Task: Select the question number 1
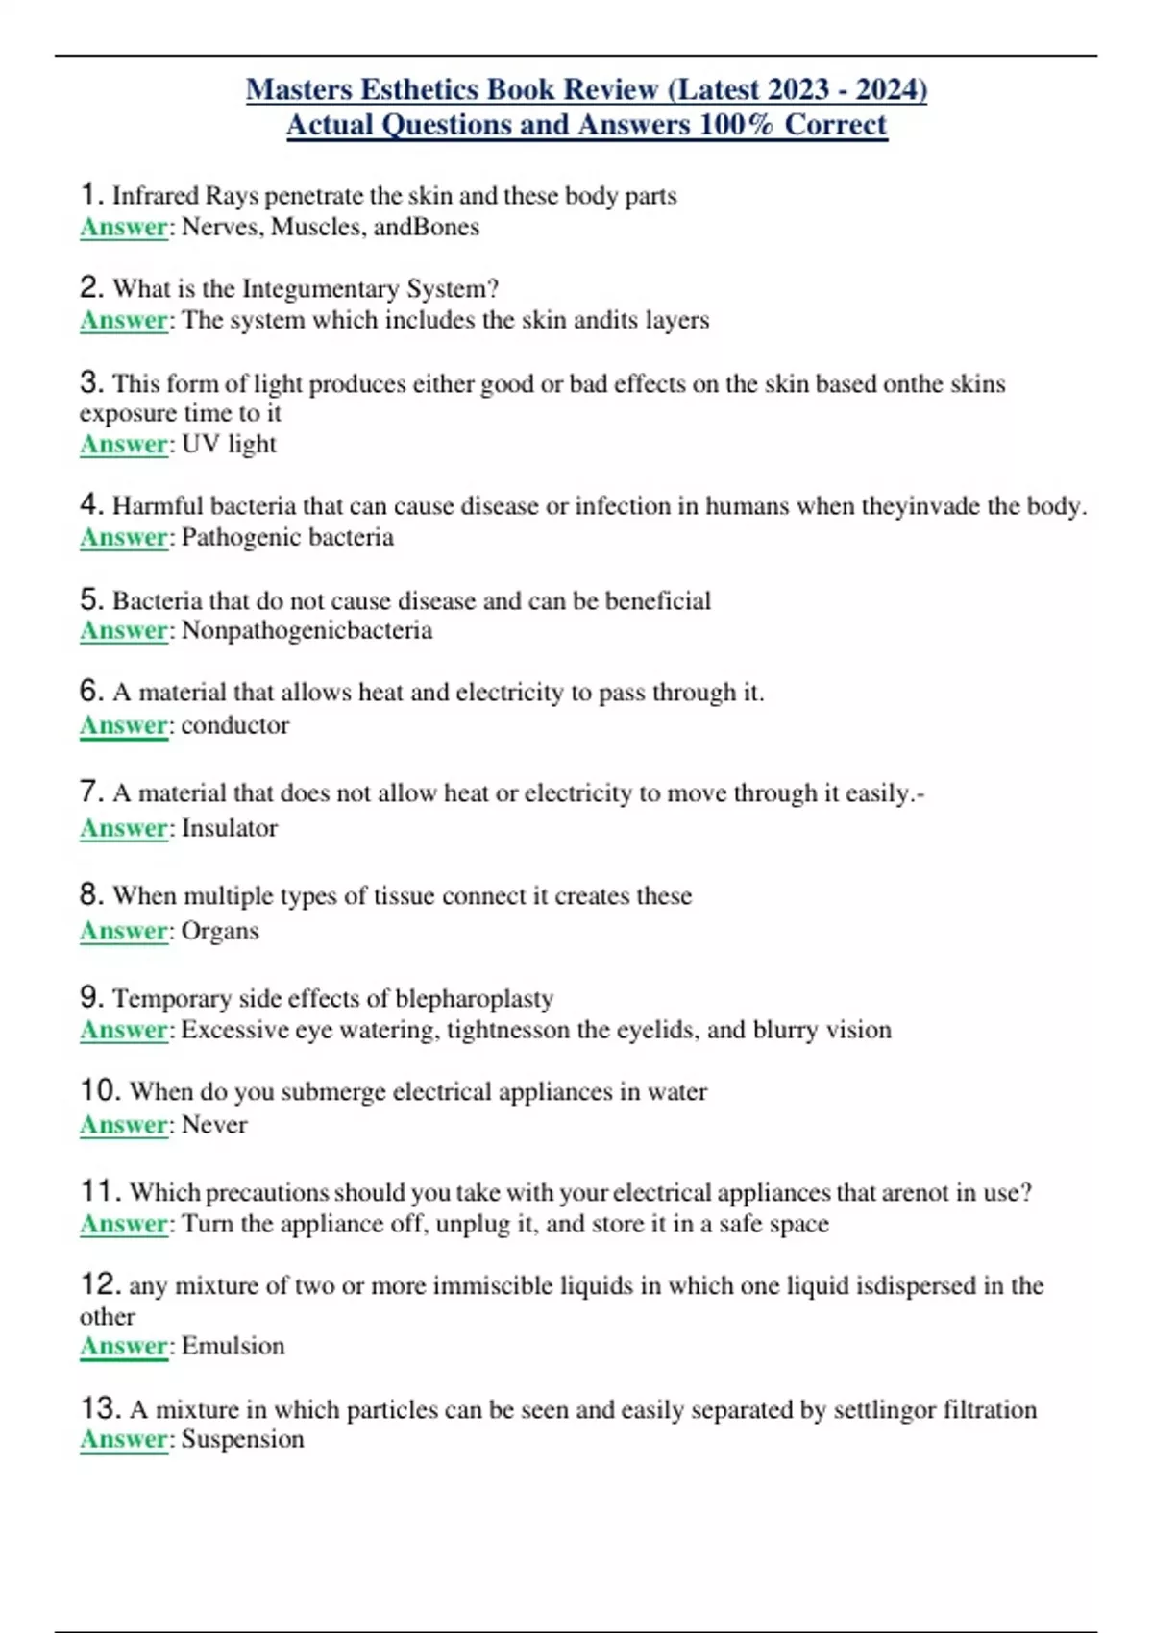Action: click(x=90, y=194)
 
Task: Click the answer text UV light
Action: click(x=229, y=444)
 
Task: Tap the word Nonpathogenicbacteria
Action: click(x=307, y=630)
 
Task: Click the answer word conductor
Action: click(x=235, y=725)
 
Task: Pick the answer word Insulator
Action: click(x=230, y=828)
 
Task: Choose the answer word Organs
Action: click(x=220, y=931)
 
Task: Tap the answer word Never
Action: click(x=214, y=1125)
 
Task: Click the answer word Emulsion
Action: click(x=233, y=1346)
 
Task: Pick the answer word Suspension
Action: click(x=243, y=1439)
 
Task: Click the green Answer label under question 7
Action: click(x=124, y=828)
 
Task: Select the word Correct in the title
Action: click(x=835, y=125)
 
